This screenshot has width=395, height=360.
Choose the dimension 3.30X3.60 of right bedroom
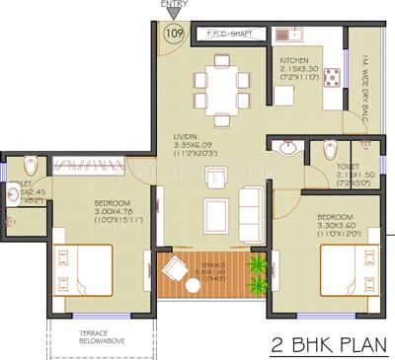pyautogui.click(x=337, y=226)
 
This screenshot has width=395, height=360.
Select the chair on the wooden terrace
pyautogui.click(x=176, y=269)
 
